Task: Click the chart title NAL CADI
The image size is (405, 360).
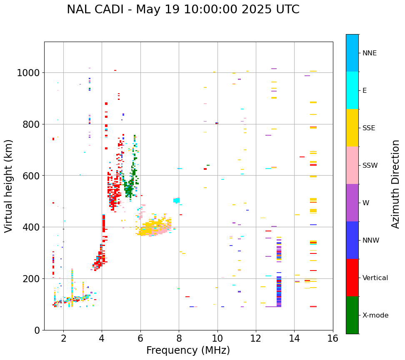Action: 183,10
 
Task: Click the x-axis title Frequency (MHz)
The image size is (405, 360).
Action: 188,350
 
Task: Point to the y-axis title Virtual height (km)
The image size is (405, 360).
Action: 9,186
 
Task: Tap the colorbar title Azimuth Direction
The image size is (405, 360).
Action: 395,184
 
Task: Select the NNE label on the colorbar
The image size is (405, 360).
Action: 370,53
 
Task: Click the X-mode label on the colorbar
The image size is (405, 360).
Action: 375,315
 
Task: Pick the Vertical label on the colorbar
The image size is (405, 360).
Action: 375,278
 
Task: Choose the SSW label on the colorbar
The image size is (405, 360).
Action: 370,165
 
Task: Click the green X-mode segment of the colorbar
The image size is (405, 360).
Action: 352,315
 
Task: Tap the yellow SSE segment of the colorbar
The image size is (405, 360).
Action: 352,128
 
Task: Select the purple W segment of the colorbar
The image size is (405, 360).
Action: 352,203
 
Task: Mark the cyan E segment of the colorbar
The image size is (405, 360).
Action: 352,90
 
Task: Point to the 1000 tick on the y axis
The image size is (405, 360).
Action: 28,73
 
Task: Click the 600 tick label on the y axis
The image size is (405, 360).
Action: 31,176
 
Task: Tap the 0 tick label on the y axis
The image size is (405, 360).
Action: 37,330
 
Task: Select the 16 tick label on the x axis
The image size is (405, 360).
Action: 332,339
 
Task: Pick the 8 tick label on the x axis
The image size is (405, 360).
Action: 179,339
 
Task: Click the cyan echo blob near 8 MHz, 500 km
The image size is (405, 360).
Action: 176,201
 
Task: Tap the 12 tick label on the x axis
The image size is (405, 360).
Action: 256,339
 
